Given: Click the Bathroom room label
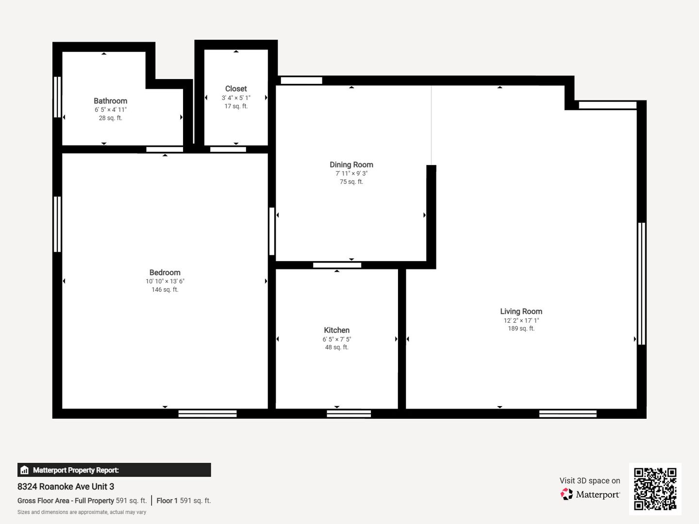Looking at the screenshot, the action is (x=110, y=101).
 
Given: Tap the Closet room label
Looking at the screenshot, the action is (x=236, y=89).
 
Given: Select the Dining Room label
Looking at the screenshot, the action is (x=351, y=165).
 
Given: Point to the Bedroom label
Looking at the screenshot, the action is (x=165, y=272).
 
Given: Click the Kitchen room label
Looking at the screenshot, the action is (x=336, y=330).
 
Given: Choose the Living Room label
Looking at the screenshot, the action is (x=521, y=311).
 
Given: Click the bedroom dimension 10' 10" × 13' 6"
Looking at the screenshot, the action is (x=165, y=281).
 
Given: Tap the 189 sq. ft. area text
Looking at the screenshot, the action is (x=521, y=328).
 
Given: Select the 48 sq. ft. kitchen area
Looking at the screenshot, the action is (x=336, y=347).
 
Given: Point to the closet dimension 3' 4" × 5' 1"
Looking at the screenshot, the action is (x=236, y=98).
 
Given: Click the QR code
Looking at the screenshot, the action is (x=655, y=489).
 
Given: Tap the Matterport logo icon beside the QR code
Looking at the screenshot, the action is (x=566, y=494).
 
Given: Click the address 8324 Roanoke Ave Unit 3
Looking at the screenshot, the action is (x=66, y=487).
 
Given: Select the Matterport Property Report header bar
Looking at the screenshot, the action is (x=114, y=470).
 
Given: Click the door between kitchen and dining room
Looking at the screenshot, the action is (x=337, y=265).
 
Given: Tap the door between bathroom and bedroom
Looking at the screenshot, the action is (x=165, y=149).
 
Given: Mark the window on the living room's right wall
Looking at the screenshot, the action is (x=642, y=283).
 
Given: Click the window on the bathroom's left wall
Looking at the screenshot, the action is (x=57, y=97).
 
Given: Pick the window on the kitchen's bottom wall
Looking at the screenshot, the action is (x=349, y=413).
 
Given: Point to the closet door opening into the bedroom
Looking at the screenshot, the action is (x=228, y=149).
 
